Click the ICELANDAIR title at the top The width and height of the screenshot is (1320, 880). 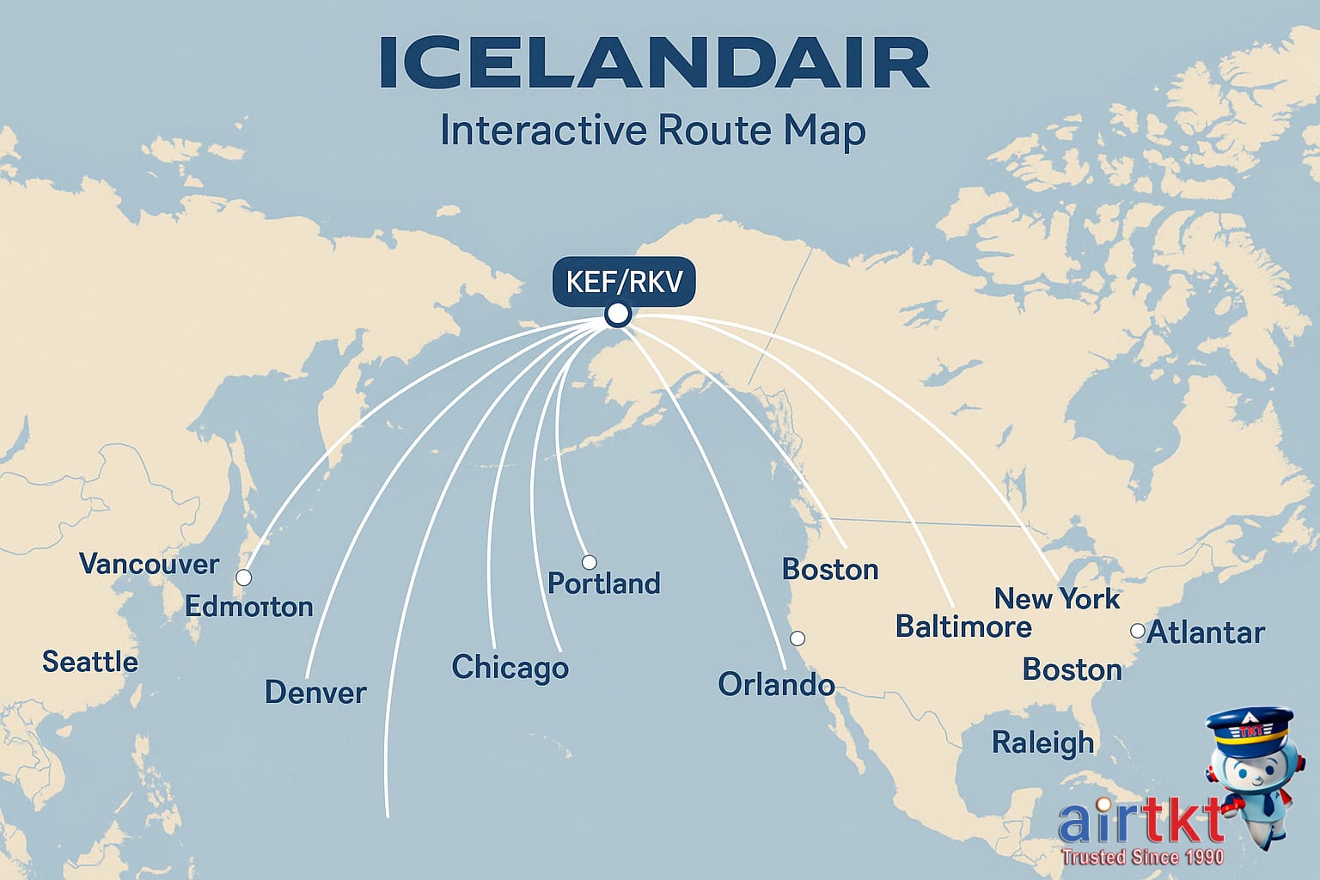click(x=653, y=64)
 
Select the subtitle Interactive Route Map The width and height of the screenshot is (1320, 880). click(x=652, y=131)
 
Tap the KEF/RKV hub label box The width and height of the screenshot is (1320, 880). click(x=624, y=281)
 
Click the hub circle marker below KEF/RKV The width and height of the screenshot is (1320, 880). click(x=617, y=315)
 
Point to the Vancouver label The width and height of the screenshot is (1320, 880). click(x=149, y=564)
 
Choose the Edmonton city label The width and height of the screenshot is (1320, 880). click(x=248, y=607)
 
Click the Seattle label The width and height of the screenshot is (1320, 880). click(x=90, y=662)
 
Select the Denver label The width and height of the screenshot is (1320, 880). click(x=315, y=692)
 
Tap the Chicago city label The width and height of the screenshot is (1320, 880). click(x=510, y=668)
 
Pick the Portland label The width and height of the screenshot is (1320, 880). click(x=603, y=584)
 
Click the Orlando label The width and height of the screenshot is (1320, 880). click(x=776, y=684)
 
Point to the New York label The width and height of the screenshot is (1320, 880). click(x=1056, y=598)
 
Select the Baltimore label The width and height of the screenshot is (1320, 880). click(x=963, y=626)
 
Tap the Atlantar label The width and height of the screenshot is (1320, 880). click(x=1206, y=632)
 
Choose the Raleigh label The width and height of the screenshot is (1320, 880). click(x=1042, y=742)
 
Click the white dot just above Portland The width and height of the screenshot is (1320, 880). click(x=589, y=562)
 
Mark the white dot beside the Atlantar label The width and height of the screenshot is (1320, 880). click(x=1137, y=631)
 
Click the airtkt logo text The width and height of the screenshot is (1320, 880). click(x=1140, y=822)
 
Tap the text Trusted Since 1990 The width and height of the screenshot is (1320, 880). click(x=1141, y=857)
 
